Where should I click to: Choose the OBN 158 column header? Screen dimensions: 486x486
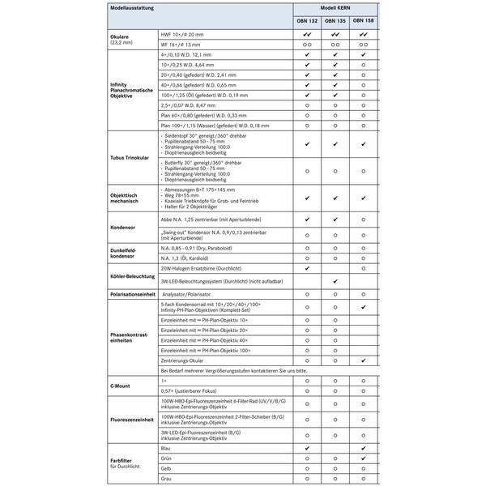click(364, 22)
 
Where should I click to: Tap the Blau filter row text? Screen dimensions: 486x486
click(167, 447)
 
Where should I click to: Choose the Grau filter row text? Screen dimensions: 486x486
click(167, 479)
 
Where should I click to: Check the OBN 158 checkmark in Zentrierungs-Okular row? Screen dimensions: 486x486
click(364, 359)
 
